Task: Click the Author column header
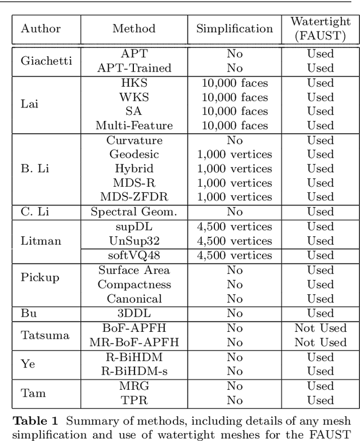click(x=40, y=29)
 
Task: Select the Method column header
click(x=134, y=29)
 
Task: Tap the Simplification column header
click(x=235, y=29)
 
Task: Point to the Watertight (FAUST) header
click(x=320, y=29)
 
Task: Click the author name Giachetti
click(x=46, y=61)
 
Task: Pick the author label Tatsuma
click(x=45, y=335)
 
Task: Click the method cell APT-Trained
click(x=134, y=68)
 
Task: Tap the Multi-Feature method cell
click(x=134, y=125)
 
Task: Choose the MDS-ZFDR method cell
click(x=134, y=197)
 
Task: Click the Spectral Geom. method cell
click(x=134, y=212)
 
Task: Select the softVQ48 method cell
click(x=134, y=255)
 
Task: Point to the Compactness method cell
click(x=134, y=285)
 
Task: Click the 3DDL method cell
click(x=134, y=313)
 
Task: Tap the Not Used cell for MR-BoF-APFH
click(x=320, y=342)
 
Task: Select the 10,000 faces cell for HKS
click(x=235, y=83)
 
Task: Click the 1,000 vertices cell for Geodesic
click(x=235, y=154)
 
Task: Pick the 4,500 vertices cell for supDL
click(x=235, y=227)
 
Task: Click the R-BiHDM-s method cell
click(x=134, y=371)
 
